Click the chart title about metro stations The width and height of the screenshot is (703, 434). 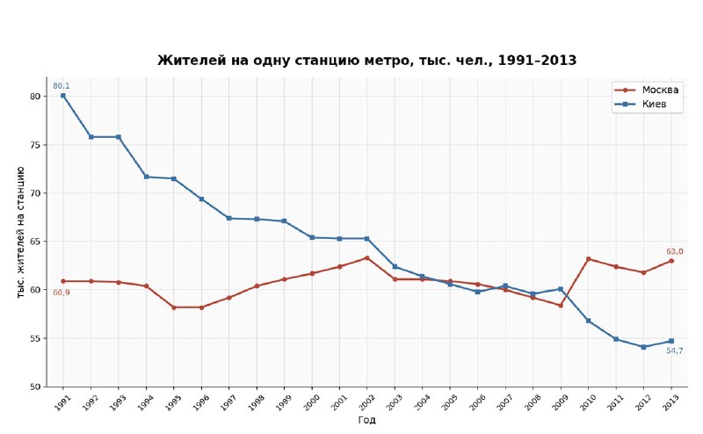point(366,60)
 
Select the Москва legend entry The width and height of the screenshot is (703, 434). point(646,90)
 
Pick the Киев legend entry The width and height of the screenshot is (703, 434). point(641,104)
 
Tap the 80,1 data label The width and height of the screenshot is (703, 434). point(62,85)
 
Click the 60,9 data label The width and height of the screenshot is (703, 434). point(62,293)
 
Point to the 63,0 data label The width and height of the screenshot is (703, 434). point(675,251)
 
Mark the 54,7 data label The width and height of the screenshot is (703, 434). point(675,351)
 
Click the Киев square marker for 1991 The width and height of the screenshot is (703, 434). point(63,96)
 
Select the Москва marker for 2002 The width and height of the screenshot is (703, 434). point(366,257)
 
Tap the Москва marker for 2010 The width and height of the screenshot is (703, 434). point(588,258)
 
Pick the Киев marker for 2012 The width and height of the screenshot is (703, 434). point(643,347)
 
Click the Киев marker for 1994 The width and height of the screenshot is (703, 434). point(146,177)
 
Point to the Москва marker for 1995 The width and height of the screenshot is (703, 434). point(173,307)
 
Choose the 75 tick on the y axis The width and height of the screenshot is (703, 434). point(35,145)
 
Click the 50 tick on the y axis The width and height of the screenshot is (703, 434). point(35,387)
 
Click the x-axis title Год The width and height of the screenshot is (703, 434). point(366,420)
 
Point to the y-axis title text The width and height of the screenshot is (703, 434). point(20,232)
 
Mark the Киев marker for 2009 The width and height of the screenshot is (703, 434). point(561,289)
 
